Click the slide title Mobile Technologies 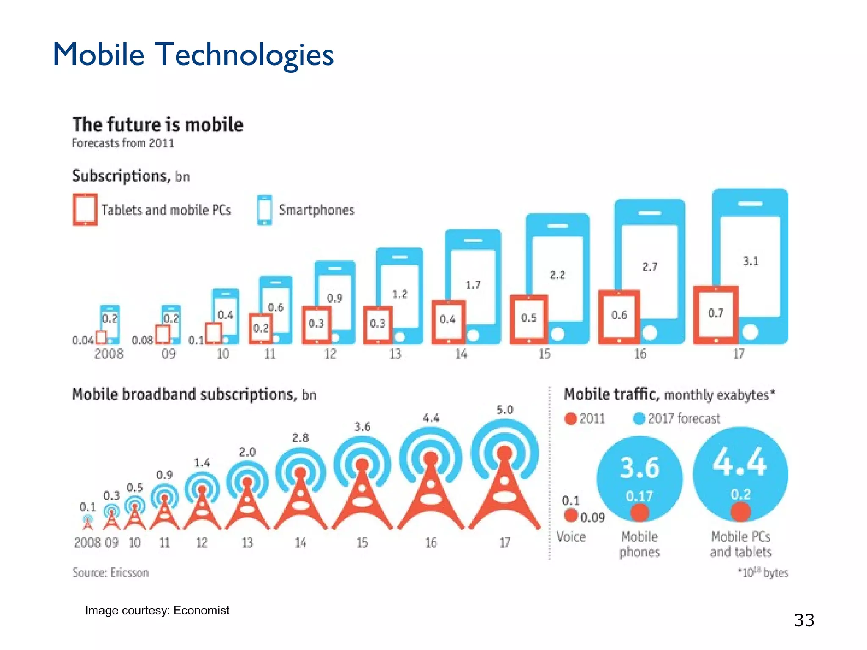pyautogui.click(x=193, y=55)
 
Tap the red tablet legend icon pyautogui.click(x=85, y=209)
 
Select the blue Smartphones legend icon pyautogui.click(x=265, y=210)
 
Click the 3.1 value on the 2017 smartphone pyautogui.click(x=751, y=261)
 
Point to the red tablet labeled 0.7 pyautogui.click(x=715, y=314)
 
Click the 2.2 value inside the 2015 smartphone pyautogui.click(x=557, y=275)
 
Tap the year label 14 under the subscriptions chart pyautogui.click(x=461, y=354)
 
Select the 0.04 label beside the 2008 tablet pyautogui.click(x=83, y=340)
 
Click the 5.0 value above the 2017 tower pyautogui.click(x=505, y=410)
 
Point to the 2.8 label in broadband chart pyautogui.click(x=300, y=438)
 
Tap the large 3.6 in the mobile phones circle pyautogui.click(x=640, y=468)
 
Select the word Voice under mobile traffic pyautogui.click(x=571, y=537)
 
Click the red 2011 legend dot pyautogui.click(x=571, y=419)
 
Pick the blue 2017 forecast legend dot pyautogui.click(x=639, y=419)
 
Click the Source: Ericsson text pyautogui.click(x=110, y=573)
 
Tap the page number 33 pyautogui.click(x=804, y=620)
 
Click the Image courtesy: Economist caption pyautogui.click(x=157, y=610)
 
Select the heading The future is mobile pyautogui.click(x=157, y=125)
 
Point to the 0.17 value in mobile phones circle pyautogui.click(x=639, y=496)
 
